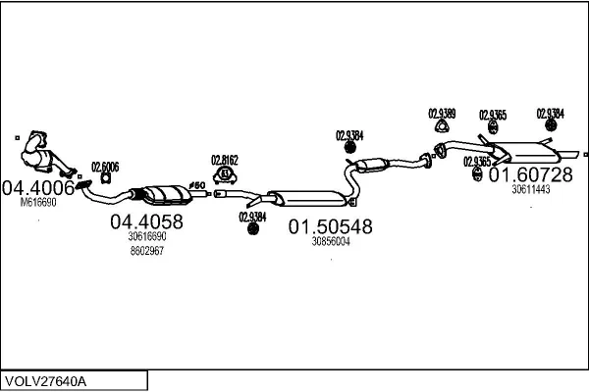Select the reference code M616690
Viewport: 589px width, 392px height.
pyautogui.click(x=39, y=203)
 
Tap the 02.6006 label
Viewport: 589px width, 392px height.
pyautogui.click(x=105, y=167)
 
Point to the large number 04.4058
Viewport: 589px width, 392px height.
pyautogui.click(x=146, y=221)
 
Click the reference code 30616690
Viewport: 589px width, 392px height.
pyautogui.click(x=146, y=236)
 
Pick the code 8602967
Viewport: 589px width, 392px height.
pyautogui.click(x=146, y=251)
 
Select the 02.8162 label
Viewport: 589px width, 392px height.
pyautogui.click(x=225, y=158)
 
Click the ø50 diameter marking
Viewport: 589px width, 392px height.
pyautogui.click(x=196, y=184)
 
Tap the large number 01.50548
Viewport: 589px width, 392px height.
pyautogui.click(x=330, y=226)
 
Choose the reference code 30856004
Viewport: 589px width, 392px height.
pyautogui.click(x=330, y=241)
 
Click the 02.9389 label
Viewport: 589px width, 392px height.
pyautogui.click(x=442, y=114)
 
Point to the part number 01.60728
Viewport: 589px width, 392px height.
pyautogui.click(x=530, y=174)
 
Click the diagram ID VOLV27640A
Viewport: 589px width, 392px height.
pyautogui.click(x=47, y=379)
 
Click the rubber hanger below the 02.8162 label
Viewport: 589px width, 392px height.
pyautogui.click(x=225, y=174)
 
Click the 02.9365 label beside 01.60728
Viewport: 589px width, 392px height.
pyautogui.click(x=477, y=162)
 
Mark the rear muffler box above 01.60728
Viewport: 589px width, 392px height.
pyautogui.click(x=526, y=154)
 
